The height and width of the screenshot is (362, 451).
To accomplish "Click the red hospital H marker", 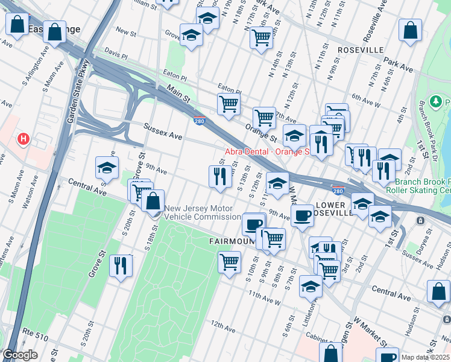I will coord(23,139).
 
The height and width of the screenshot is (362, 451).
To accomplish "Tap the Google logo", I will coord(20,355).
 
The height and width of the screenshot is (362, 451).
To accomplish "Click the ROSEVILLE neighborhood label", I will coord(361,49).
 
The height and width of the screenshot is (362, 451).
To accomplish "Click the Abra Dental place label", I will coord(266,151).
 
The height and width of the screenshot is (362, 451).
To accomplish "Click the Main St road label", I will coord(178,98).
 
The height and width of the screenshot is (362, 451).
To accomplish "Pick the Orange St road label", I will coord(260,132).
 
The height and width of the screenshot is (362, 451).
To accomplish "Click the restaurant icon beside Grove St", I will coord(121,265).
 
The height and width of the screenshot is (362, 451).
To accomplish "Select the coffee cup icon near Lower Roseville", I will coord(302,215).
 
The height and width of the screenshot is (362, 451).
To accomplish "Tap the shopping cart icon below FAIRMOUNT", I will coord(229,263).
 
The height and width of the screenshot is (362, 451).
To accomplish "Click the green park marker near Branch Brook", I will coord(436,102).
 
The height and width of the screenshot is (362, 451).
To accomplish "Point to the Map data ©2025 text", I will coord(425,357).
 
